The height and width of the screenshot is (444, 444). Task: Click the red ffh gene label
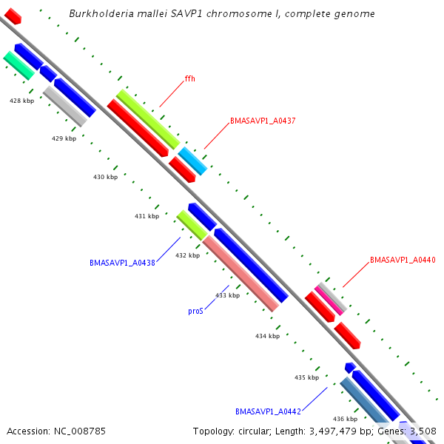click(190, 78)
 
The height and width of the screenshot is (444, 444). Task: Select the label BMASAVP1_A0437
click(263, 120)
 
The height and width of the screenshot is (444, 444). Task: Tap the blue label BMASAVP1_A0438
click(122, 263)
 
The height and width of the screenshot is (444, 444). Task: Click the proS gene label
click(195, 312)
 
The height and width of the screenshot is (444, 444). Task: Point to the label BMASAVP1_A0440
click(403, 260)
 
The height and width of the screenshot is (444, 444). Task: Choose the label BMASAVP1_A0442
click(268, 411)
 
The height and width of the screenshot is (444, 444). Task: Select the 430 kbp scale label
click(105, 177)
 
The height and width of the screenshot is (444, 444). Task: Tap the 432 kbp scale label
click(187, 255)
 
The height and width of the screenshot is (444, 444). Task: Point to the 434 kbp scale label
click(267, 336)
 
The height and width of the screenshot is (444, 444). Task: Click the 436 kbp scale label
click(345, 419)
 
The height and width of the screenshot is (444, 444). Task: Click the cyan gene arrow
click(192, 160)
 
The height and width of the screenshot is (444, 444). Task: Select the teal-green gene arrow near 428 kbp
click(18, 65)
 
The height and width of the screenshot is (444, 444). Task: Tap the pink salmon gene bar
click(240, 273)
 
